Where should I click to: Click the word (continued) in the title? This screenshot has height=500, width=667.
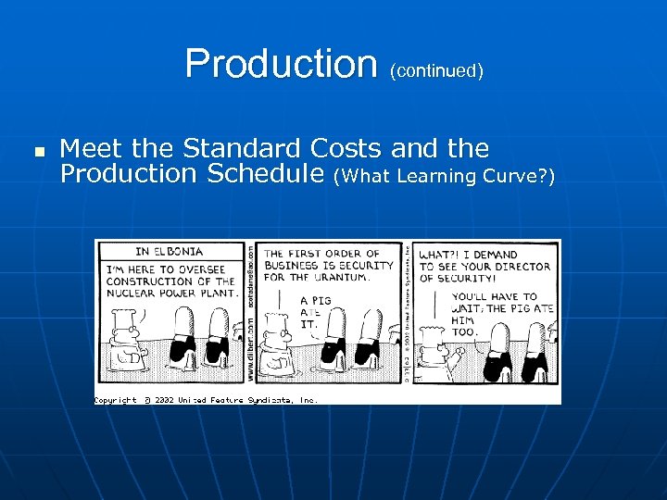coord(435,70)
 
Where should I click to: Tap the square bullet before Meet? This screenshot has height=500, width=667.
coord(39,150)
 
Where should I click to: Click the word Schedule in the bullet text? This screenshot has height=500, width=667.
coord(267,173)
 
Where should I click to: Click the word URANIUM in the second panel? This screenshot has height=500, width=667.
coord(343,276)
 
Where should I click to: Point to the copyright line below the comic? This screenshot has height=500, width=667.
coord(206,400)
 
